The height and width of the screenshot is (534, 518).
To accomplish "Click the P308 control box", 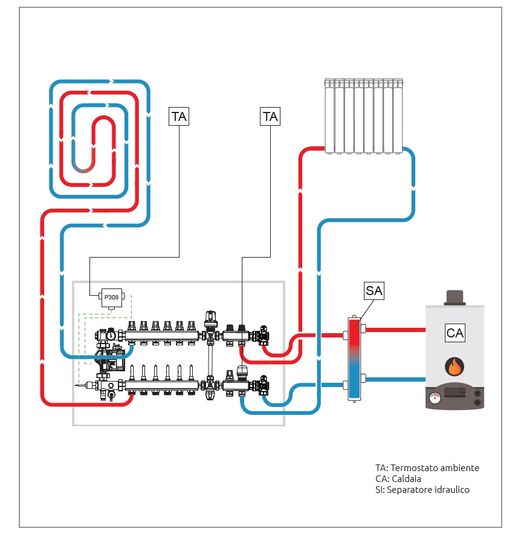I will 112,297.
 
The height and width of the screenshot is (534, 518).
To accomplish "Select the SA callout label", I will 374,291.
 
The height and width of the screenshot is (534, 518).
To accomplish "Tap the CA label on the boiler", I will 455,333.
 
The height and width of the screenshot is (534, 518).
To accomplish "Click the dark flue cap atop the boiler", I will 455,297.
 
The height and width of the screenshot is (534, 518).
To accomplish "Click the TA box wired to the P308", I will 179,116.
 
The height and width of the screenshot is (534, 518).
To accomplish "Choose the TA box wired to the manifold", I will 270,116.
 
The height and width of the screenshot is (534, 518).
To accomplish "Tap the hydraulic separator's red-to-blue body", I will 354,358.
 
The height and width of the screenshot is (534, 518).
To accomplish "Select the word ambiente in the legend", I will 459,468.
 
